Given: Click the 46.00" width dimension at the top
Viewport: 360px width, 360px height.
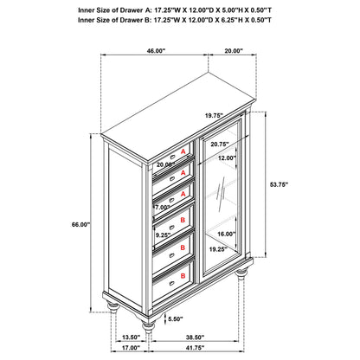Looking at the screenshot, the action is point(156,51).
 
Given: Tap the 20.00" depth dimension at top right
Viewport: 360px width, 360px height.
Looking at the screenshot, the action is point(234,51).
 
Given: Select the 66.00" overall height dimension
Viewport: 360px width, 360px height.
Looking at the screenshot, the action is point(81,224).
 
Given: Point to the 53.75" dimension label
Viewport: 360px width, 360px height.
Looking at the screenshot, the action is point(279,185).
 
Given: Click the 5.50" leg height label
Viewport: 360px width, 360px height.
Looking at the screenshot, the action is point(176,318).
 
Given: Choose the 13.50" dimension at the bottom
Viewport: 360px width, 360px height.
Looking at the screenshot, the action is point(131,337).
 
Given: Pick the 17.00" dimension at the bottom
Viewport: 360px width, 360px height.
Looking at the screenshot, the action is point(131,348).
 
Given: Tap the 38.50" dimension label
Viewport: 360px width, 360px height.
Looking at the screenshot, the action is point(195,337).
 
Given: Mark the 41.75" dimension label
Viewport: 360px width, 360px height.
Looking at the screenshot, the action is point(195,348).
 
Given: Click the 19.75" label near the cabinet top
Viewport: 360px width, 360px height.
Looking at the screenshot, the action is point(215,116).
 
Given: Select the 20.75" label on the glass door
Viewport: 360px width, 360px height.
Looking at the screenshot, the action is point(220,144).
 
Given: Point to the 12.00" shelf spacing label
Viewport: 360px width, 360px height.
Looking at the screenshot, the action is point(227,157).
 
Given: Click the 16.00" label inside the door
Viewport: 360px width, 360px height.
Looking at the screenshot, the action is point(227,234).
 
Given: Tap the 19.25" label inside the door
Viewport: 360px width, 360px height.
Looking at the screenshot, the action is point(218,249).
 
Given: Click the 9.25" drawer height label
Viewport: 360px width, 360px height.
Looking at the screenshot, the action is point(164,235).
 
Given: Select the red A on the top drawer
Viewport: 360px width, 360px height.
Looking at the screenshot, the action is point(183,151).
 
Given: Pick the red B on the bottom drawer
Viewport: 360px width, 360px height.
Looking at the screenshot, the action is point(183,276).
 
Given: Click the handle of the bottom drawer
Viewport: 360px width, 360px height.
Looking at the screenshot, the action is point(172,283).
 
